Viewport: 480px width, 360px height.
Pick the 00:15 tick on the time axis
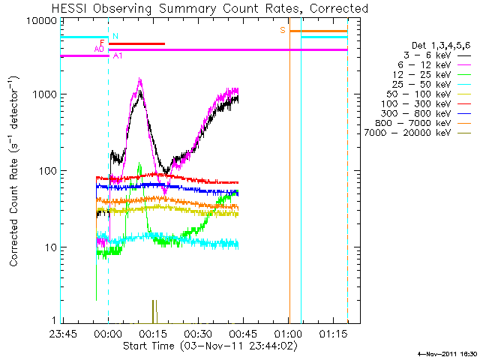point(153,332)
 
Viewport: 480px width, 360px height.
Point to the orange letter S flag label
point(283,30)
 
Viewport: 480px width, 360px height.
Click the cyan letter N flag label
point(115,36)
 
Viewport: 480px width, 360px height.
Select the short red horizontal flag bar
point(136,44)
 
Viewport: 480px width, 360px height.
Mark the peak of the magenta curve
point(139,79)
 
